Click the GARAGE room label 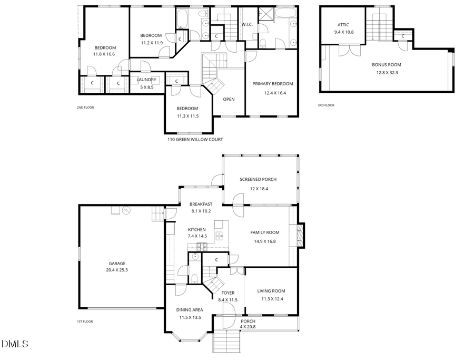117,263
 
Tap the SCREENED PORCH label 258,179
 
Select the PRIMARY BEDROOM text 272,84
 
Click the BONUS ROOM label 386,65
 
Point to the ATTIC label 343,25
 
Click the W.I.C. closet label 248,25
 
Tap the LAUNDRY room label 146,80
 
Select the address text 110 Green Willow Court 195,140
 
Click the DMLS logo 15,344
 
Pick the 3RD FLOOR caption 326,105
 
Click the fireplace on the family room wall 300,234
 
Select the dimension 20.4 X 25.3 117,270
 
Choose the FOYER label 228,293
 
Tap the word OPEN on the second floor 229,99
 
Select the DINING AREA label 189,310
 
